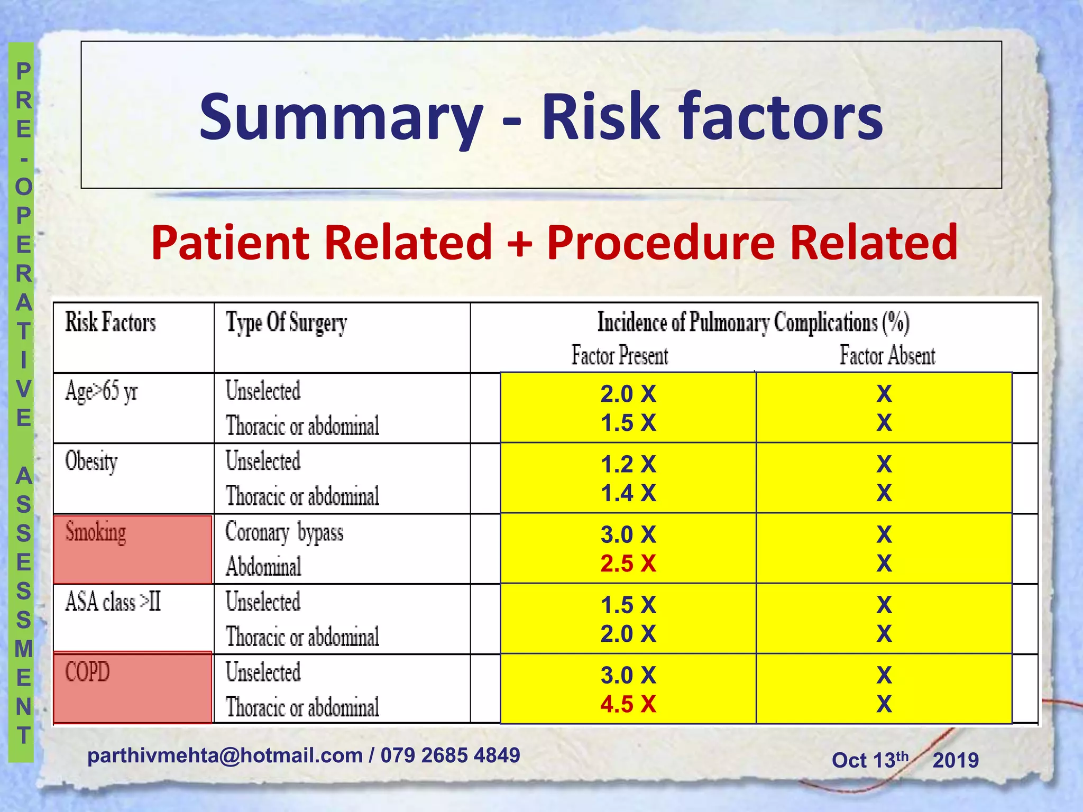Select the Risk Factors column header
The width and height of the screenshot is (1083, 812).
111,322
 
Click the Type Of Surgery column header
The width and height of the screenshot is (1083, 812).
287,322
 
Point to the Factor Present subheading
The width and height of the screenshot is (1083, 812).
620,355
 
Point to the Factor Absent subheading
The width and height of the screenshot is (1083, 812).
887,355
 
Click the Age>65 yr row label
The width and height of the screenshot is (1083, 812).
102,392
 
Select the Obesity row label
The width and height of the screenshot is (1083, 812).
91,462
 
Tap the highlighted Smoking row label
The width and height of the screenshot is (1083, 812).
96,532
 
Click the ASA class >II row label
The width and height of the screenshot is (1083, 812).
113,602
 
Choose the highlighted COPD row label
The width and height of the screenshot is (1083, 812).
88,672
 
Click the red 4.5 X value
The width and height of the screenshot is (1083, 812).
628,704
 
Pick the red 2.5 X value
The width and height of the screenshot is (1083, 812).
628,564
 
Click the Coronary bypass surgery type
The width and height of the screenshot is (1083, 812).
284,532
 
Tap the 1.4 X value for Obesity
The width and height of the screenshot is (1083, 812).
628,493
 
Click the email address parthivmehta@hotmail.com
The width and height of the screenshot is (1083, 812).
225,755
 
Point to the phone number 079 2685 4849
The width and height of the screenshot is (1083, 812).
450,755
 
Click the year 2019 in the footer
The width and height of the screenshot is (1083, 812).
956,760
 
